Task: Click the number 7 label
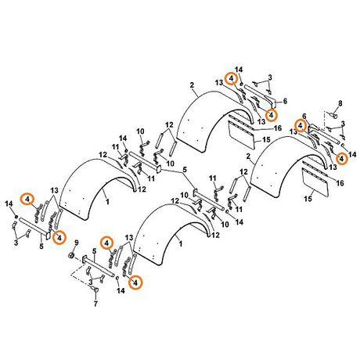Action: [x=95, y=304]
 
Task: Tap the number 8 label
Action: [x=340, y=103]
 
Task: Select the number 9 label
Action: [x=77, y=243]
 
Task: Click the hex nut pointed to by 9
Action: [x=72, y=255]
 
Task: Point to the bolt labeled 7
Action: [x=95, y=290]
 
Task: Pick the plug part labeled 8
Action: [x=333, y=114]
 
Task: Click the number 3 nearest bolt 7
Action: [x=91, y=283]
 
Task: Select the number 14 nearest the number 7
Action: [x=121, y=290]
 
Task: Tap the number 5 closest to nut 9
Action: [x=95, y=251]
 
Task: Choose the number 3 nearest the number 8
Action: [x=343, y=124]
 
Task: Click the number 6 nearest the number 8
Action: [x=304, y=116]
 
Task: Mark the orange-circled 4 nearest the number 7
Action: [x=135, y=282]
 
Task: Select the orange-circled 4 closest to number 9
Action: [x=106, y=243]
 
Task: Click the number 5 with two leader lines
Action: [x=185, y=170]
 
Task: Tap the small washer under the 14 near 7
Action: [x=117, y=279]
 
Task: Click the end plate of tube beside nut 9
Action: [x=85, y=259]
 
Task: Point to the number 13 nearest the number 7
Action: [x=129, y=238]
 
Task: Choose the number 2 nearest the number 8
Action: [x=248, y=157]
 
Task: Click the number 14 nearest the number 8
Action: [x=352, y=155]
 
